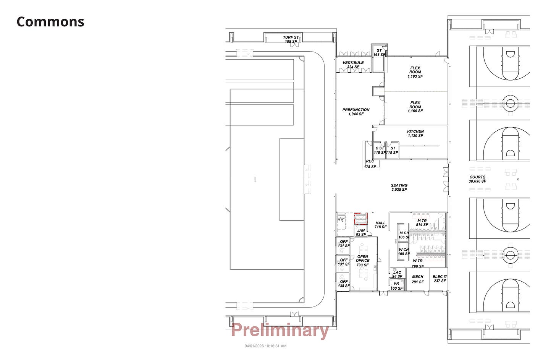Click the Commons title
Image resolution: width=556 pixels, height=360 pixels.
(x=50, y=22)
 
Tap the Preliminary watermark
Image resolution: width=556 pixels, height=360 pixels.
(x=280, y=331)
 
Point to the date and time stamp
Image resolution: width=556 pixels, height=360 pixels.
(x=265, y=346)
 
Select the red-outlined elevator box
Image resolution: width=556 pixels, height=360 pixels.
(x=360, y=219)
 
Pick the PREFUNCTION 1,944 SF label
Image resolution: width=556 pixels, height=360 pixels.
(x=356, y=112)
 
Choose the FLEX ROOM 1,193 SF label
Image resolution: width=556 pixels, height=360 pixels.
(x=415, y=72)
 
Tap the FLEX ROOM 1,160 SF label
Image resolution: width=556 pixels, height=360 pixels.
(x=415, y=107)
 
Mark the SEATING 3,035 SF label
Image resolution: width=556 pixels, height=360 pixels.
(x=399, y=187)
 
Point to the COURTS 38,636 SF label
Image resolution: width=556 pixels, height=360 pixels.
(x=477, y=179)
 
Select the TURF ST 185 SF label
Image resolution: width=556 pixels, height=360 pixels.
(x=291, y=39)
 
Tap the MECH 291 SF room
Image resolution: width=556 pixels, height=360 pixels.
(x=418, y=279)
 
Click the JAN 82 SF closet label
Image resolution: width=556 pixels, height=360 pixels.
(x=361, y=232)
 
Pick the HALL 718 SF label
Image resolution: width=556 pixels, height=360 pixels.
(x=380, y=225)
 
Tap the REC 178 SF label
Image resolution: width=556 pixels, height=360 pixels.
(x=370, y=164)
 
